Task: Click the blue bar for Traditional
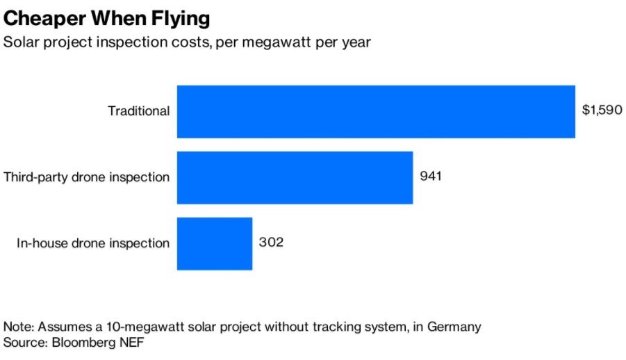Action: [376, 111]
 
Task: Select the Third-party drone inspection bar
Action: [295, 177]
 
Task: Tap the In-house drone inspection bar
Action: [214, 243]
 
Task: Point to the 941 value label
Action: [431, 176]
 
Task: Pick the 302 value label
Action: [271, 243]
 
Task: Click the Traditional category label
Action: [138, 111]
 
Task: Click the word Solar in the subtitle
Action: [21, 42]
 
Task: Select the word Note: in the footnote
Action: [21, 327]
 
